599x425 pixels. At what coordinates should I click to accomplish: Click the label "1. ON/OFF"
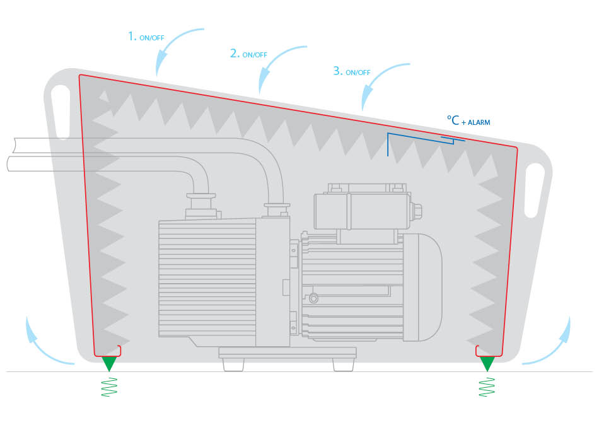pyautogui.click(x=146, y=37)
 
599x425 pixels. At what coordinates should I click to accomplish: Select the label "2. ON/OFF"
pyautogui.click(x=248, y=54)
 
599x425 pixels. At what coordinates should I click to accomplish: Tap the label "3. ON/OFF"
pyautogui.click(x=352, y=71)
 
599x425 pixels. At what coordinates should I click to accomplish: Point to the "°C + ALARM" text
pyautogui.click(x=468, y=121)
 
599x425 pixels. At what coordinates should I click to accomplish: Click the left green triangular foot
pyautogui.click(x=109, y=363)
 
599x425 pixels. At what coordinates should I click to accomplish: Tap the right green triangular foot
pyautogui.click(x=487, y=363)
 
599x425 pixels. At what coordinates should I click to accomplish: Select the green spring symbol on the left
pyautogui.click(x=109, y=387)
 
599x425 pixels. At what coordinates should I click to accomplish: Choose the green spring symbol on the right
pyautogui.click(x=487, y=387)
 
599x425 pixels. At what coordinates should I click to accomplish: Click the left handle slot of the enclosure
pyautogui.click(x=61, y=112)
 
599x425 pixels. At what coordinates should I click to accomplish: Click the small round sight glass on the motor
pyautogui.click(x=313, y=298)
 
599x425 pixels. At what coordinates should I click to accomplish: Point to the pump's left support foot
pyautogui.click(x=233, y=364)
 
